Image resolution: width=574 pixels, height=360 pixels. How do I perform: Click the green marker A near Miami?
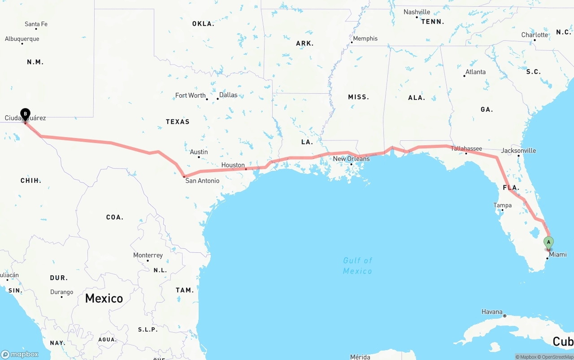click(548, 242)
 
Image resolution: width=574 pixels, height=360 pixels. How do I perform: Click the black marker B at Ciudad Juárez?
click(26, 114)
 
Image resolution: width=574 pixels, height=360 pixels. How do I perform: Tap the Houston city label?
click(233, 165)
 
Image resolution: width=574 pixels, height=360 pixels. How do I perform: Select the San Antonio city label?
click(202, 181)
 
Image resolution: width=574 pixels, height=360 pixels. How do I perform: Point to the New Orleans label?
click(351, 159)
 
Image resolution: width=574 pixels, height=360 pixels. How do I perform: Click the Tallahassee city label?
click(466, 148)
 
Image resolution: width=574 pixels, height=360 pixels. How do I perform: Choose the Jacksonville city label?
click(518, 151)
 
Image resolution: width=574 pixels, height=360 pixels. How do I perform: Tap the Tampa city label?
click(502, 205)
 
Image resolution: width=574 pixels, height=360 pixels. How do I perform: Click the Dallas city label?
click(228, 95)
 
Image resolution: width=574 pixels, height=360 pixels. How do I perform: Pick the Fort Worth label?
click(190, 95)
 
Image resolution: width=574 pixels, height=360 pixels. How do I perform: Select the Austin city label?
click(199, 152)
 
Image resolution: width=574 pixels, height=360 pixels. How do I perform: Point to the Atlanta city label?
click(475, 72)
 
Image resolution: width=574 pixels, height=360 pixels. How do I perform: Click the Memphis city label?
click(365, 39)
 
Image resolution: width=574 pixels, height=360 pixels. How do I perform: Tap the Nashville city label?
click(417, 12)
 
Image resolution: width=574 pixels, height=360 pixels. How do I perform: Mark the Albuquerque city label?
click(22, 39)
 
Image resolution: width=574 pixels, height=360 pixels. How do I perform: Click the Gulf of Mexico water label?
click(357, 265)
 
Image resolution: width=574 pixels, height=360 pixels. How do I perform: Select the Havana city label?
click(491, 312)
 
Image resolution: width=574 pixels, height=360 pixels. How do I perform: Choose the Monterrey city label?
click(148, 255)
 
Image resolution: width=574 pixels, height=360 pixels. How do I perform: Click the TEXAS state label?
click(178, 121)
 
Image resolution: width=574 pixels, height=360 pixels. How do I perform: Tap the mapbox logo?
click(20, 354)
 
